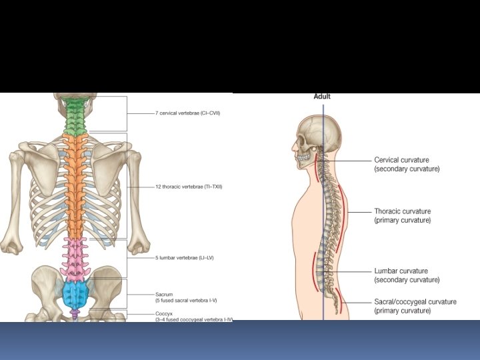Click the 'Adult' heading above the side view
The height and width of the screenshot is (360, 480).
pyautogui.click(x=322, y=97)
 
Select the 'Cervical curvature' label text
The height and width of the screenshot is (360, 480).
pyautogui.click(x=401, y=161)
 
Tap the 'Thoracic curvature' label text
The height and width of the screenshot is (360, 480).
pyautogui.click(x=402, y=211)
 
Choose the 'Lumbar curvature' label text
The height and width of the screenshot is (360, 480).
pyautogui.click(x=401, y=271)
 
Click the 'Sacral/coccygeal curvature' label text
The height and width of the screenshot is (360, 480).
pyautogui.click(x=415, y=302)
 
